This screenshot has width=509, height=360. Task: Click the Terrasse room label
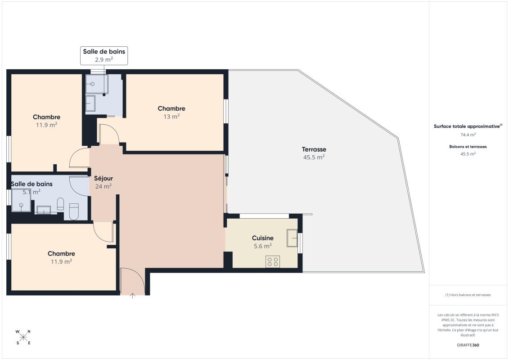point(314,149)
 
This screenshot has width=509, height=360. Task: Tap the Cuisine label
point(263,238)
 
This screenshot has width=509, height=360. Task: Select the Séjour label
point(104,178)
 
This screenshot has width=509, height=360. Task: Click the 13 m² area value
point(171,117)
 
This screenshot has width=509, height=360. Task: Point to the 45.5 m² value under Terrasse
point(314,157)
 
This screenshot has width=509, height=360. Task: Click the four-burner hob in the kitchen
point(273,261)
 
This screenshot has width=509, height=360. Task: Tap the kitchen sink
point(292,238)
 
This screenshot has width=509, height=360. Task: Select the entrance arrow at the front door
point(132,295)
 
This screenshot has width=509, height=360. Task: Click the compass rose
point(23,337)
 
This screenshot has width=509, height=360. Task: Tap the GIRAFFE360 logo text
point(468,345)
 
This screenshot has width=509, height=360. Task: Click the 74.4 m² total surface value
point(468,135)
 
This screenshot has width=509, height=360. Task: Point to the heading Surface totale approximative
point(468,126)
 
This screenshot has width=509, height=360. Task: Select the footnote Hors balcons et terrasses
point(468,295)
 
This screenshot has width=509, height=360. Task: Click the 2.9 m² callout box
point(104,56)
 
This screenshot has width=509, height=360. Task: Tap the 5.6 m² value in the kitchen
point(263,246)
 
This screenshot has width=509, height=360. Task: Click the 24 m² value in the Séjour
point(104,186)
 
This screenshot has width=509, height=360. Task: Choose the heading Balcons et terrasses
point(468,147)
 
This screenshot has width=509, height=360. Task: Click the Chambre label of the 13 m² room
point(171,108)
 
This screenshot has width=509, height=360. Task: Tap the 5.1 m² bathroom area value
point(32,192)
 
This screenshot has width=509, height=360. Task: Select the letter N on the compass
point(29,332)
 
